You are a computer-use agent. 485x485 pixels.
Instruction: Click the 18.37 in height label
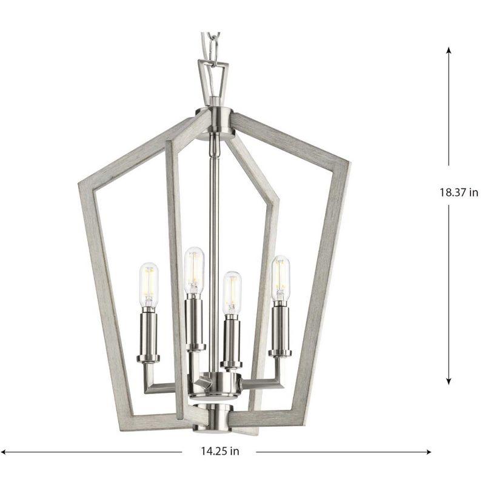[459, 192]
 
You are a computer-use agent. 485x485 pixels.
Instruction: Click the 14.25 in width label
[218, 451]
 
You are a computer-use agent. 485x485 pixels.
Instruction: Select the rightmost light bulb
[280, 279]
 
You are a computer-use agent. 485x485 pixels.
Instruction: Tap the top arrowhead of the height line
[449, 50]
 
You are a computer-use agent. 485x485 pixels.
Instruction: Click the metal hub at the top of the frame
[215, 116]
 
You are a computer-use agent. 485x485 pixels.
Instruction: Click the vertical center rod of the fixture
[215, 242]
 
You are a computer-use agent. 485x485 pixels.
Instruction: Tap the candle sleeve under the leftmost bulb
[150, 333]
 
